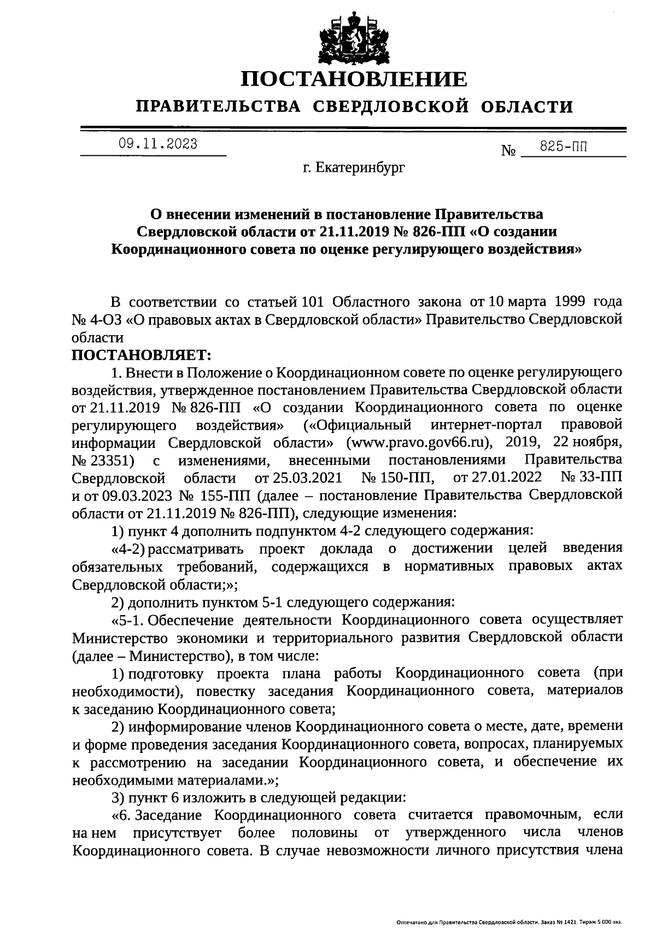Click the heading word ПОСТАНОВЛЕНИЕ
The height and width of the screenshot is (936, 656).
click(x=354, y=79)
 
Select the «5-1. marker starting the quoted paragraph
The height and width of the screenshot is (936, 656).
click(x=129, y=620)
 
